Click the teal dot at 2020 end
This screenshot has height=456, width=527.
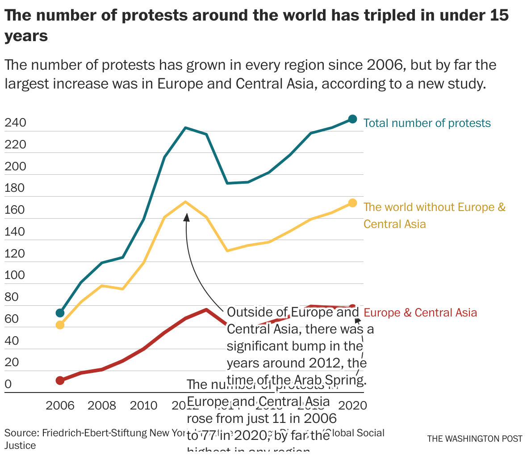(x=352, y=119)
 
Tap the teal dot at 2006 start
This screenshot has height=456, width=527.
(x=60, y=313)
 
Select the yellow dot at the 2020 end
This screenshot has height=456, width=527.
(x=352, y=203)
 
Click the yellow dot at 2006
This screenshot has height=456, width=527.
(x=60, y=325)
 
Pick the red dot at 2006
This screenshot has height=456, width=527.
(x=60, y=380)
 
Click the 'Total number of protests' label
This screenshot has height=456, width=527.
(x=427, y=123)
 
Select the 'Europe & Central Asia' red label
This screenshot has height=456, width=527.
(x=420, y=313)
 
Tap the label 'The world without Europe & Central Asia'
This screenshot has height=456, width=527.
(x=434, y=215)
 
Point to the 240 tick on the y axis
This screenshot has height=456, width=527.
(x=15, y=123)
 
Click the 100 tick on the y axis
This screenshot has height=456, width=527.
(x=15, y=275)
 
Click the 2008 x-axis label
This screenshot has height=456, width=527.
(x=102, y=406)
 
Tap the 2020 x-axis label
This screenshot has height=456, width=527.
(x=352, y=406)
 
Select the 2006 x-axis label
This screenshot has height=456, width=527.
(x=60, y=406)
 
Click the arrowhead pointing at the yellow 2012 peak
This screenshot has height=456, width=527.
(x=186, y=216)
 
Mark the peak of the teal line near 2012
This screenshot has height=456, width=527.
(x=185, y=128)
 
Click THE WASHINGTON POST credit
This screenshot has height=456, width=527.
(x=474, y=439)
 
